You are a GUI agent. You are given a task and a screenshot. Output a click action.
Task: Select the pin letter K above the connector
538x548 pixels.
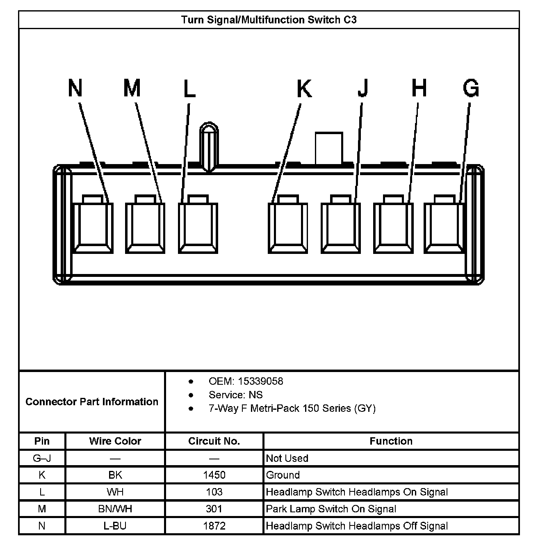[304, 89]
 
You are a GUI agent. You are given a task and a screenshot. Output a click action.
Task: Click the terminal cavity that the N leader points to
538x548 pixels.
[93, 227]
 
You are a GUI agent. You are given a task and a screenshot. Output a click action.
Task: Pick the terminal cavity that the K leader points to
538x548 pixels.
[288, 227]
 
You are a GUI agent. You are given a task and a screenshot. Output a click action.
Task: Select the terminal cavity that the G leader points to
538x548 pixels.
[445, 227]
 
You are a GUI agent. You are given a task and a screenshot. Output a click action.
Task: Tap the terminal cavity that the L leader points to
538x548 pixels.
[198, 227]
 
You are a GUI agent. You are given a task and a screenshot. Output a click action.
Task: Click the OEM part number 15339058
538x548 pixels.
[260, 381]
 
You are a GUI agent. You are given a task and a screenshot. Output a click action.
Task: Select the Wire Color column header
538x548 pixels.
[115, 441]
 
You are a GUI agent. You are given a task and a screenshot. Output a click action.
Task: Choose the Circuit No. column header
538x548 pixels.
[214, 441]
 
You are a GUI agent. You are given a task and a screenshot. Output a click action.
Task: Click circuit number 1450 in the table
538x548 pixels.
[214, 475]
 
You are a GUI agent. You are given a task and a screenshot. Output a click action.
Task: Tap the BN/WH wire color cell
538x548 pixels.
[115, 509]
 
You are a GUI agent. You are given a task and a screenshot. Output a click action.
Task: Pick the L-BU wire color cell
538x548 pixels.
[115, 526]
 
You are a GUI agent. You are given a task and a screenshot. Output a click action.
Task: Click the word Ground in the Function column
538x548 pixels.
[283, 475]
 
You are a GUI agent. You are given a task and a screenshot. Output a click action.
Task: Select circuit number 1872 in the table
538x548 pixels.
[214, 526]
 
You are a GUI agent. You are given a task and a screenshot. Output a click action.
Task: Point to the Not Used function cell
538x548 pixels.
[287, 458]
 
